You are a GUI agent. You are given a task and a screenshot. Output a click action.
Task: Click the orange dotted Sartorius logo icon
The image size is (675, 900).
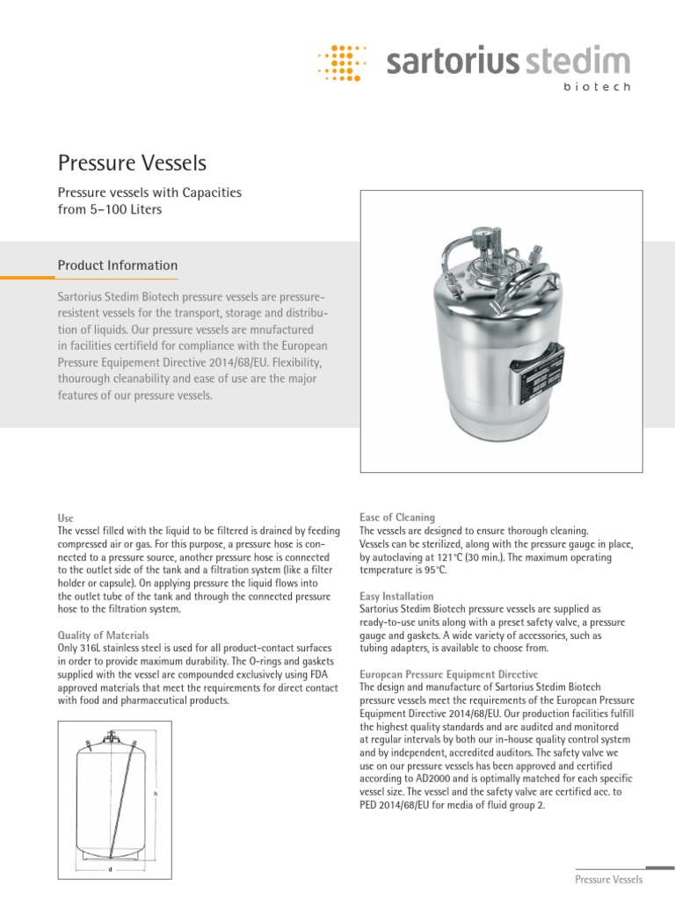click(x=346, y=62)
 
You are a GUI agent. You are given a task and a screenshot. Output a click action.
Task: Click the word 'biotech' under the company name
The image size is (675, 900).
click(x=596, y=88)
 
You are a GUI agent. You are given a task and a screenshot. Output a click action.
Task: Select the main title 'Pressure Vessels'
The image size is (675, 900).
click(x=132, y=163)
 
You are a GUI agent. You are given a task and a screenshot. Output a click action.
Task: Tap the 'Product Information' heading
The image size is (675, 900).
click(x=117, y=265)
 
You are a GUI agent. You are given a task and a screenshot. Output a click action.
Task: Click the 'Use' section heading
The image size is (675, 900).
click(x=66, y=519)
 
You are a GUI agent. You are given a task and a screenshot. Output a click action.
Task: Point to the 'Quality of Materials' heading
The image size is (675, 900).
click(x=103, y=635)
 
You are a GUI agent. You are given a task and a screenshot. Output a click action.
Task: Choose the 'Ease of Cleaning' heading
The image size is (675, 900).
click(x=397, y=518)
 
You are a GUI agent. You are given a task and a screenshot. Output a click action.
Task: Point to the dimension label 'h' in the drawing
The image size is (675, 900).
click(x=155, y=793)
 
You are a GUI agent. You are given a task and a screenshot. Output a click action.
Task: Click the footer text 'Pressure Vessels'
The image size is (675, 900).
click(x=608, y=880)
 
